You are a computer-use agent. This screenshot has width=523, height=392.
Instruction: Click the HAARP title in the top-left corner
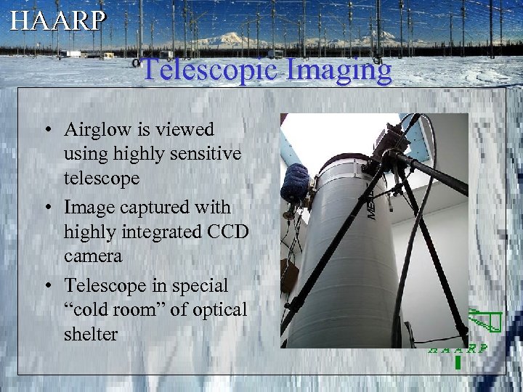(x=57, y=20)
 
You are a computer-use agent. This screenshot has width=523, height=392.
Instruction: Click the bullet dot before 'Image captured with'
(x=48, y=208)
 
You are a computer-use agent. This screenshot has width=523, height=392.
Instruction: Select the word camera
(x=92, y=256)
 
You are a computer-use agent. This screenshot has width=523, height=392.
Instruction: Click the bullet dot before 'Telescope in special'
(x=48, y=285)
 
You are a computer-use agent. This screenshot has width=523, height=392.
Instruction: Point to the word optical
(x=217, y=309)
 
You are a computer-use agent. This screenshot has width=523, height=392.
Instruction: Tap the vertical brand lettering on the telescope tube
(x=370, y=205)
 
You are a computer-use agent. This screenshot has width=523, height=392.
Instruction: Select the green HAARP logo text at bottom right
(x=458, y=348)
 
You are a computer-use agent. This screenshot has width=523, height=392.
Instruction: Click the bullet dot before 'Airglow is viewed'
(x=48, y=131)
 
